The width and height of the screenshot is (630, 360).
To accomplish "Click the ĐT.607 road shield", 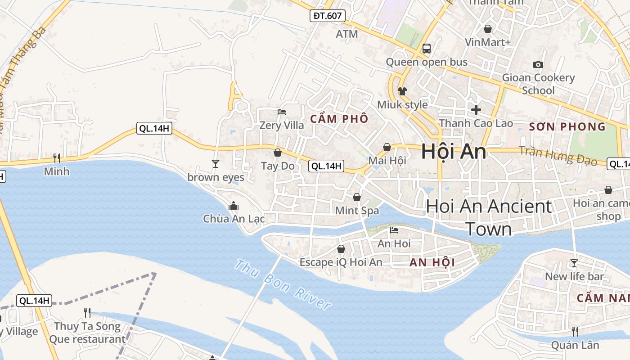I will click(328, 16).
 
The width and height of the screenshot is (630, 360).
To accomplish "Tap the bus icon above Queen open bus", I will click(426, 48).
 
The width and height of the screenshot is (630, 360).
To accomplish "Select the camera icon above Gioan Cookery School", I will click(538, 64).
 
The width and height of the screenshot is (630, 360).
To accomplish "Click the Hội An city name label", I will click(454, 152).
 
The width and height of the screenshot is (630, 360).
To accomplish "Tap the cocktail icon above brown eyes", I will click(216, 163).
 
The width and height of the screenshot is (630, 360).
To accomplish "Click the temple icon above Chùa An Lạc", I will click(234, 206).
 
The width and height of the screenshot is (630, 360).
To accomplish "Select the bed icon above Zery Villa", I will click(282, 112).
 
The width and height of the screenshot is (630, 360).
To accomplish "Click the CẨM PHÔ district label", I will click(339, 119).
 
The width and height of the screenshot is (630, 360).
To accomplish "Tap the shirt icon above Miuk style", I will click(402, 91).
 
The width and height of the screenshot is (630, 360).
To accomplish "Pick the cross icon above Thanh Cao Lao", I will click(476, 109).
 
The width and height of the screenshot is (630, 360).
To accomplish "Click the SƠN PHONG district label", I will click(567, 127).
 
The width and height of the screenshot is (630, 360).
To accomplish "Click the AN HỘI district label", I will click(432, 262).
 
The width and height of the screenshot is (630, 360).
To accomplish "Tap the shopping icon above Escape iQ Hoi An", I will click(341, 248).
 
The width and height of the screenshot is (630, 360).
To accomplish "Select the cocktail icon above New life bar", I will click(574, 263).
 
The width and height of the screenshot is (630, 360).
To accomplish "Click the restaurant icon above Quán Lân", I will click(575, 332).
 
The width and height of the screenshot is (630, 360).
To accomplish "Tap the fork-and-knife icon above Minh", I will click(57, 158).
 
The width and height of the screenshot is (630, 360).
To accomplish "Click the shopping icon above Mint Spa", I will click(357, 197).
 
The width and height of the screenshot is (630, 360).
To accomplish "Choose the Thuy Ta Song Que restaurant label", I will click(87, 333).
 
